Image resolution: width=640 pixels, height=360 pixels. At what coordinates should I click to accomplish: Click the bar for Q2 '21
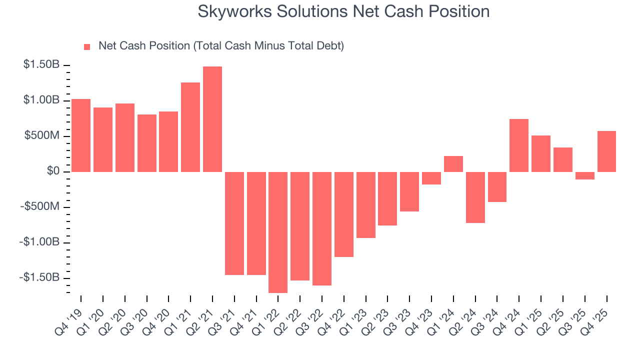212,119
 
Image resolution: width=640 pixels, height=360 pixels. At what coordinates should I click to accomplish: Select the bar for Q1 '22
278,232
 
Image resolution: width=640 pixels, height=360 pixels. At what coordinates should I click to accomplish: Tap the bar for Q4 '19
81,135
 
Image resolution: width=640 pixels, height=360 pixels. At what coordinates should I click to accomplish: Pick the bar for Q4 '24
519,145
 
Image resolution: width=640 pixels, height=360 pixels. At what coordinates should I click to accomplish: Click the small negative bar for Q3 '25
584,175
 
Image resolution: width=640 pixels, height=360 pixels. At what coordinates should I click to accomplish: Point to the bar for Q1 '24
453,164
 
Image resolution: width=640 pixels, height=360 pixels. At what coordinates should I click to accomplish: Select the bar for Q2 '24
475,197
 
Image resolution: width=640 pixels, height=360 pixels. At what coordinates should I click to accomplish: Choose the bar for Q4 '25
606,151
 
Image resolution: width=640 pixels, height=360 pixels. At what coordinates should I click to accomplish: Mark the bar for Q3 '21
234,223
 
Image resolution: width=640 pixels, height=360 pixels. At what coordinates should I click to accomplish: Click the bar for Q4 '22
344,214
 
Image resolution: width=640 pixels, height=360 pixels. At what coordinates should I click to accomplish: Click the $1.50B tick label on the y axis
41,65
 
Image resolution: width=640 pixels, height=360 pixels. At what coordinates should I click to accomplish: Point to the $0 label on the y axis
53,171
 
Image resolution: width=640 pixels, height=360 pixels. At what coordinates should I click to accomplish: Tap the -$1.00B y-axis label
40,242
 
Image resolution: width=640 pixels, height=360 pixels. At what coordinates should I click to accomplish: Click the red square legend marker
87,46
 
